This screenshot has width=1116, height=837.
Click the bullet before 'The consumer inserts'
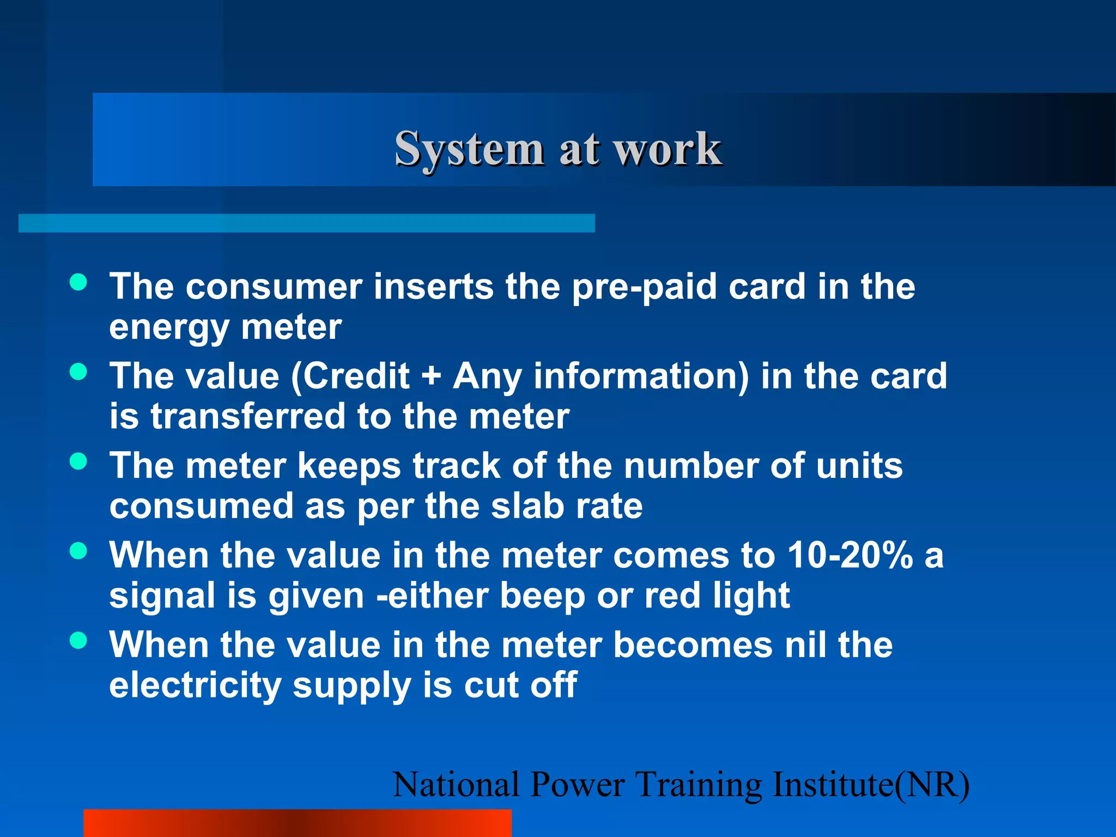coord(78,282)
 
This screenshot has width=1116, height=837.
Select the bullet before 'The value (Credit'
coord(78,372)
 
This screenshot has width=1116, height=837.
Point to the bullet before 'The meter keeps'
coord(78,462)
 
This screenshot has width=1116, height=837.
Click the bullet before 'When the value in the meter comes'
coord(78,551)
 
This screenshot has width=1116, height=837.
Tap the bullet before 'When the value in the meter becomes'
coord(78,640)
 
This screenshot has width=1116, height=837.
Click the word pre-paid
coord(644,287)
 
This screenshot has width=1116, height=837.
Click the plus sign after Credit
coord(430,377)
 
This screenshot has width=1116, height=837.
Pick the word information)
coord(641,377)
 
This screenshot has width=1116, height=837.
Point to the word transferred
coord(248,417)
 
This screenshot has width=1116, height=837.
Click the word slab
coord(527,506)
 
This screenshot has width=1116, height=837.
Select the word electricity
coord(195,686)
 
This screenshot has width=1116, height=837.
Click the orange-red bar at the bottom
coord(297,823)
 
